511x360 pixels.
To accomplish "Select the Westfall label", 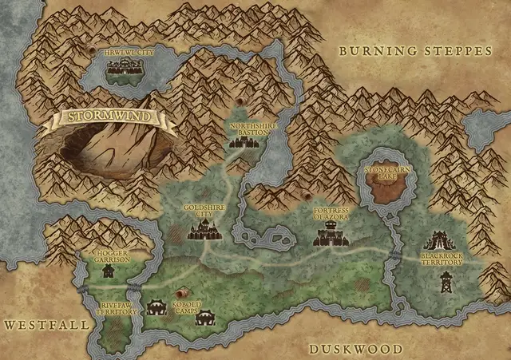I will click(x=34, y=325).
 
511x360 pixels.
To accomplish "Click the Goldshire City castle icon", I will click(x=203, y=231).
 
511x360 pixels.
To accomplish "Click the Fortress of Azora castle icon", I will click(x=327, y=236).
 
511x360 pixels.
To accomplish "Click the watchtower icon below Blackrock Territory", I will click(x=446, y=281).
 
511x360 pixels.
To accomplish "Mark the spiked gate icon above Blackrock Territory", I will click(x=438, y=239).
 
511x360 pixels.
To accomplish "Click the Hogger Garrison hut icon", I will click(x=108, y=271).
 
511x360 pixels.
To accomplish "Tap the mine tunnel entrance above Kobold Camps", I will click(x=183, y=293).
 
